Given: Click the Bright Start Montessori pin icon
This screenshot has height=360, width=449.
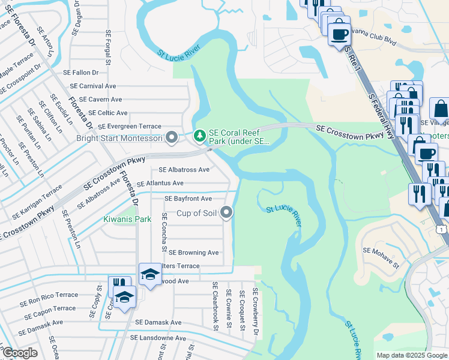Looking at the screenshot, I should pyautogui.click(x=172, y=138).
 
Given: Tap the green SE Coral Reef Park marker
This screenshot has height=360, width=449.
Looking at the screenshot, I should pyautogui.click(x=200, y=137).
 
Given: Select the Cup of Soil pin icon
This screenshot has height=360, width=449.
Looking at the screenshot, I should pyautogui.click(x=226, y=212).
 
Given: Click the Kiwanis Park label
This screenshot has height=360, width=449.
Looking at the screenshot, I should pyautogui.click(x=127, y=219).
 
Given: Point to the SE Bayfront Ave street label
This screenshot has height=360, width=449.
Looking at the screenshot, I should pyautogui.click(x=188, y=199).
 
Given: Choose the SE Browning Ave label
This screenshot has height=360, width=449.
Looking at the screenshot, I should pyautogui.click(x=193, y=253).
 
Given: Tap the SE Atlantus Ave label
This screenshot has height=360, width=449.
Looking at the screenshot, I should pyautogui.click(x=160, y=184).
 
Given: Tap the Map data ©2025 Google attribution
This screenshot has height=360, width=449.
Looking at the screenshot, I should pyautogui.click(x=411, y=355).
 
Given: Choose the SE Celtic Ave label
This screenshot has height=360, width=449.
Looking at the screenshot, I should pyautogui.click(x=107, y=113).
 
